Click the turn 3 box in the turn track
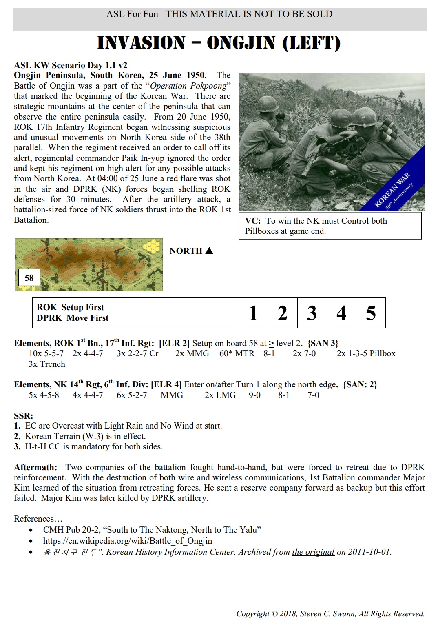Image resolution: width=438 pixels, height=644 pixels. [312, 313]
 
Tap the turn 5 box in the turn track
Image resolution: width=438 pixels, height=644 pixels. [371, 313]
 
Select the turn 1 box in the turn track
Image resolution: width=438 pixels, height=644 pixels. [253, 313]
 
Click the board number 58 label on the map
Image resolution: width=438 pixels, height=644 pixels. [29, 278]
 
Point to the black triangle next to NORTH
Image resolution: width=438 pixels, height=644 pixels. [209, 251]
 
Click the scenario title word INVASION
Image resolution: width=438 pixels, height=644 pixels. [141, 43]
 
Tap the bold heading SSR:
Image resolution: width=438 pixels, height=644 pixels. [23, 416]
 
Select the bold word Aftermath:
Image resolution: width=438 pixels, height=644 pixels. [35, 467]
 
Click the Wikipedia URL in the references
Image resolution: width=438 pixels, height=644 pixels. [127, 541]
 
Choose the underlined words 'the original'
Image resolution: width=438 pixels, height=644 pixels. [313, 552]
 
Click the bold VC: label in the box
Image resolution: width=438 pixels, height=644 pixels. [253, 221]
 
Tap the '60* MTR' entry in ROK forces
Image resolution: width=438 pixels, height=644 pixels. [237, 353]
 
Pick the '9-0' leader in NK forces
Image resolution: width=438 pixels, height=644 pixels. [255, 395]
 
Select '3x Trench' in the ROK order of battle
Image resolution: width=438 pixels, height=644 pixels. [47, 364]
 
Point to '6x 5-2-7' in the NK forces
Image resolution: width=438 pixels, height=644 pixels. [132, 395]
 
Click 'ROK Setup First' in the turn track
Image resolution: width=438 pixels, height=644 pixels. [70, 307]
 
